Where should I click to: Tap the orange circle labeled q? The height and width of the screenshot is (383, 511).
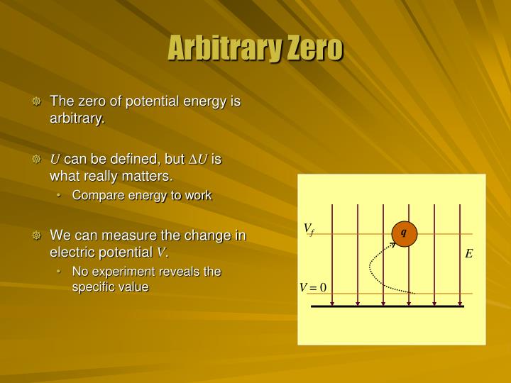point(404,233)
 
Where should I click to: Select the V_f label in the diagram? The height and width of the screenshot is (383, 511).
point(309,228)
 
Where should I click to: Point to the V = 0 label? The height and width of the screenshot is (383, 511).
point(312,287)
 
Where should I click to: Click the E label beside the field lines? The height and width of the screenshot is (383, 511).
point(469,253)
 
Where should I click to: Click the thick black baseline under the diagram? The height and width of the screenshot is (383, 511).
point(388,306)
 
